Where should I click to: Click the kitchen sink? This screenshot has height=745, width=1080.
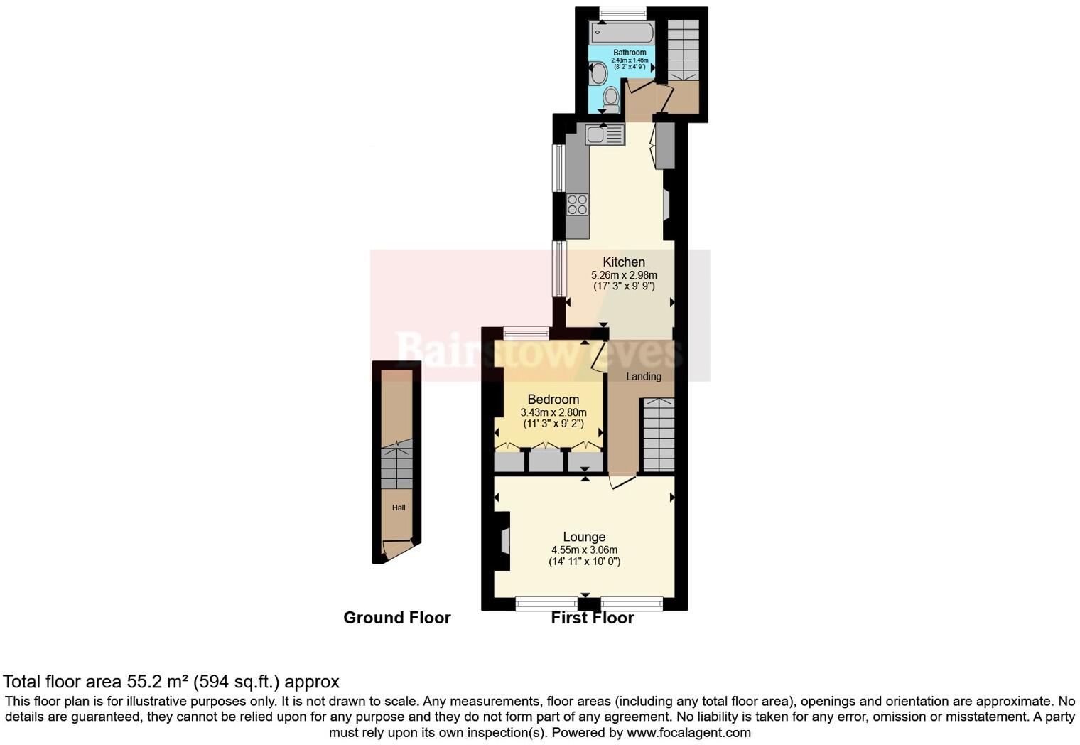click(605, 134)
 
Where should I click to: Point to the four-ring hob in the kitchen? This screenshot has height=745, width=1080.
click(577, 204)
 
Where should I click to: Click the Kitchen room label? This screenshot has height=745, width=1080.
click(624, 262)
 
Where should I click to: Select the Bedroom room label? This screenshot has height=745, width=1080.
click(553, 399)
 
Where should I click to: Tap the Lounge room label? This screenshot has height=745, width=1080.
click(584, 537)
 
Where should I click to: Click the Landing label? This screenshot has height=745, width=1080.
click(644, 376)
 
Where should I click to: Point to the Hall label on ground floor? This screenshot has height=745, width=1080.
click(399, 508)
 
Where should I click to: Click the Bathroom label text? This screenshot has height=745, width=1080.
click(630, 53)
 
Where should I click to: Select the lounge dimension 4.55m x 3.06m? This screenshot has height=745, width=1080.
click(584, 550)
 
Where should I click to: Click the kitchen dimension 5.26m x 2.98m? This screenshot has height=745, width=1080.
click(624, 275)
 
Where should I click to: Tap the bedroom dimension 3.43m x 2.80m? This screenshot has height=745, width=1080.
click(553, 412)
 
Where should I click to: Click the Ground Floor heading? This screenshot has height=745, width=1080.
click(396, 618)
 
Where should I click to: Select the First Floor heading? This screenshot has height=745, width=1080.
click(592, 618)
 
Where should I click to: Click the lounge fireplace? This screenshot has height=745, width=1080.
click(504, 541)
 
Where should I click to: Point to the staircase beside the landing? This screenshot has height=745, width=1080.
click(658, 435)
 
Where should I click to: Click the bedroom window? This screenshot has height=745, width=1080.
click(526, 332)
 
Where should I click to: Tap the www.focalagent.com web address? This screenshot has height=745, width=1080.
click(688, 732)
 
